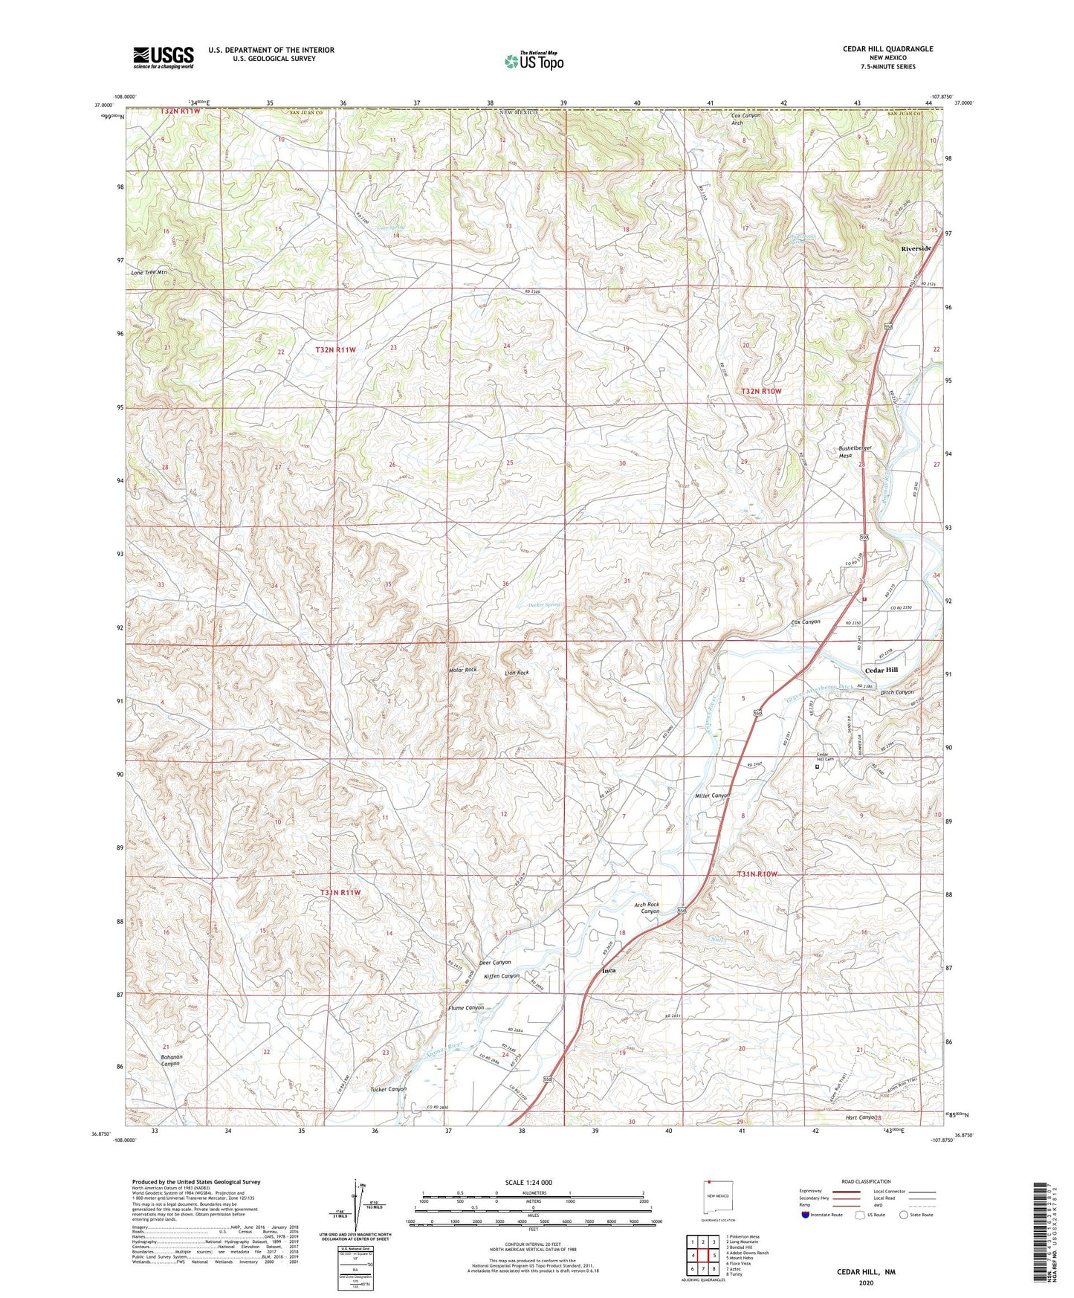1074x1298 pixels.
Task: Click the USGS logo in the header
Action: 164,56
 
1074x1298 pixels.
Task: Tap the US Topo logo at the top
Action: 534,61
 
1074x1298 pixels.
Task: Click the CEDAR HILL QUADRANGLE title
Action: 887,49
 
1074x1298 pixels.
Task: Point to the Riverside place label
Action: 916,248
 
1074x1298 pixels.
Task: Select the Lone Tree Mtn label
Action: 149,273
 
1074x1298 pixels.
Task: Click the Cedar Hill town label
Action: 881,670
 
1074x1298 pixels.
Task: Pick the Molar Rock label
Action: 463,670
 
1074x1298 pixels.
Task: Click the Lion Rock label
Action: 517,673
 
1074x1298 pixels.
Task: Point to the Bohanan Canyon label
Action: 171,1059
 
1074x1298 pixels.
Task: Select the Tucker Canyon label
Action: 388,1089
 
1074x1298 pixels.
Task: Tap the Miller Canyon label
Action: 712,795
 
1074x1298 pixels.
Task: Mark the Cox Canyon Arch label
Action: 747,119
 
